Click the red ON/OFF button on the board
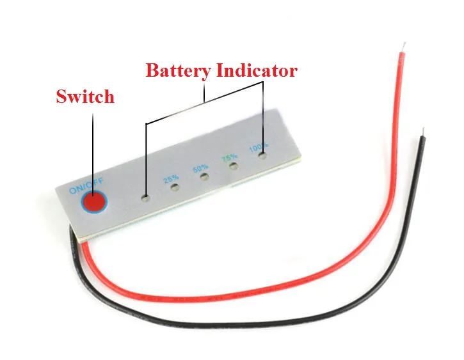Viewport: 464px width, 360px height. pos(93,202)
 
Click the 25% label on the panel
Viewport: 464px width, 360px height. pos(171,180)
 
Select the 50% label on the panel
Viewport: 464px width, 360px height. pos(200,168)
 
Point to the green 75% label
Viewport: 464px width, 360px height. pos(229,157)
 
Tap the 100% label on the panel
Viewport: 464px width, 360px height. pos(259,147)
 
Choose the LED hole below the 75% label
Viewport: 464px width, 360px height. pos(234,166)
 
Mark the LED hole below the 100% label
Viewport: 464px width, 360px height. pos(263,155)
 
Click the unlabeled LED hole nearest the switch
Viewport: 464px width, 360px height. pos(146,198)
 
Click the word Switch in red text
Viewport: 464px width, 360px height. pos(85,97)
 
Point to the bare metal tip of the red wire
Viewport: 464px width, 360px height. pos(403,48)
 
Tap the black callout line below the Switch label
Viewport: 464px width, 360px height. pos(93,147)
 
